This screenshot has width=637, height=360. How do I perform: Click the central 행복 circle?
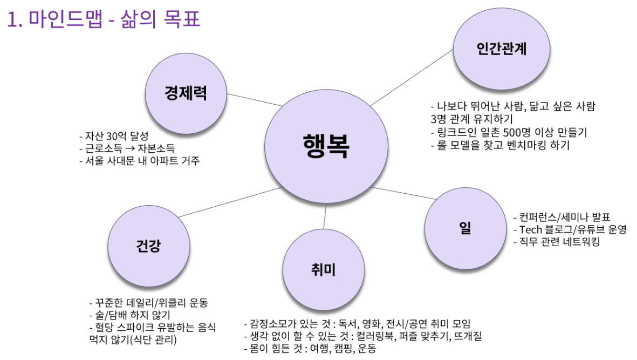[x=326, y=146]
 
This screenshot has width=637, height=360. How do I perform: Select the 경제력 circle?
[x=186, y=93]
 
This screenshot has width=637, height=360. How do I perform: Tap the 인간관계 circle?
[x=501, y=49]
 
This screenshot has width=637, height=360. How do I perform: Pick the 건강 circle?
[x=149, y=246]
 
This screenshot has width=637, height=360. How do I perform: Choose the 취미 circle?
[x=324, y=270]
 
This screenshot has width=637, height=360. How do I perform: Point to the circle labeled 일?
[x=465, y=228]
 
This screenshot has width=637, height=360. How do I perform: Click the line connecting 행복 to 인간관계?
[x=412, y=78]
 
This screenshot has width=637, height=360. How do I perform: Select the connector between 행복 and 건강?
[x=230, y=202]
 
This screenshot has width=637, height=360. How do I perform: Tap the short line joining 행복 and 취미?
[x=325, y=216]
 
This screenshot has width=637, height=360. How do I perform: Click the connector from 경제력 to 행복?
[x=254, y=100]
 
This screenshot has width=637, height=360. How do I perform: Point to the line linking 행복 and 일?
[x=403, y=193]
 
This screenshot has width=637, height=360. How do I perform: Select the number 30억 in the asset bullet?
[x=117, y=135]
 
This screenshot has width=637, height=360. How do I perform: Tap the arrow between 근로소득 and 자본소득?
[x=130, y=148]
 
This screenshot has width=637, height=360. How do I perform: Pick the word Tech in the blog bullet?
[x=530, y=229]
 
